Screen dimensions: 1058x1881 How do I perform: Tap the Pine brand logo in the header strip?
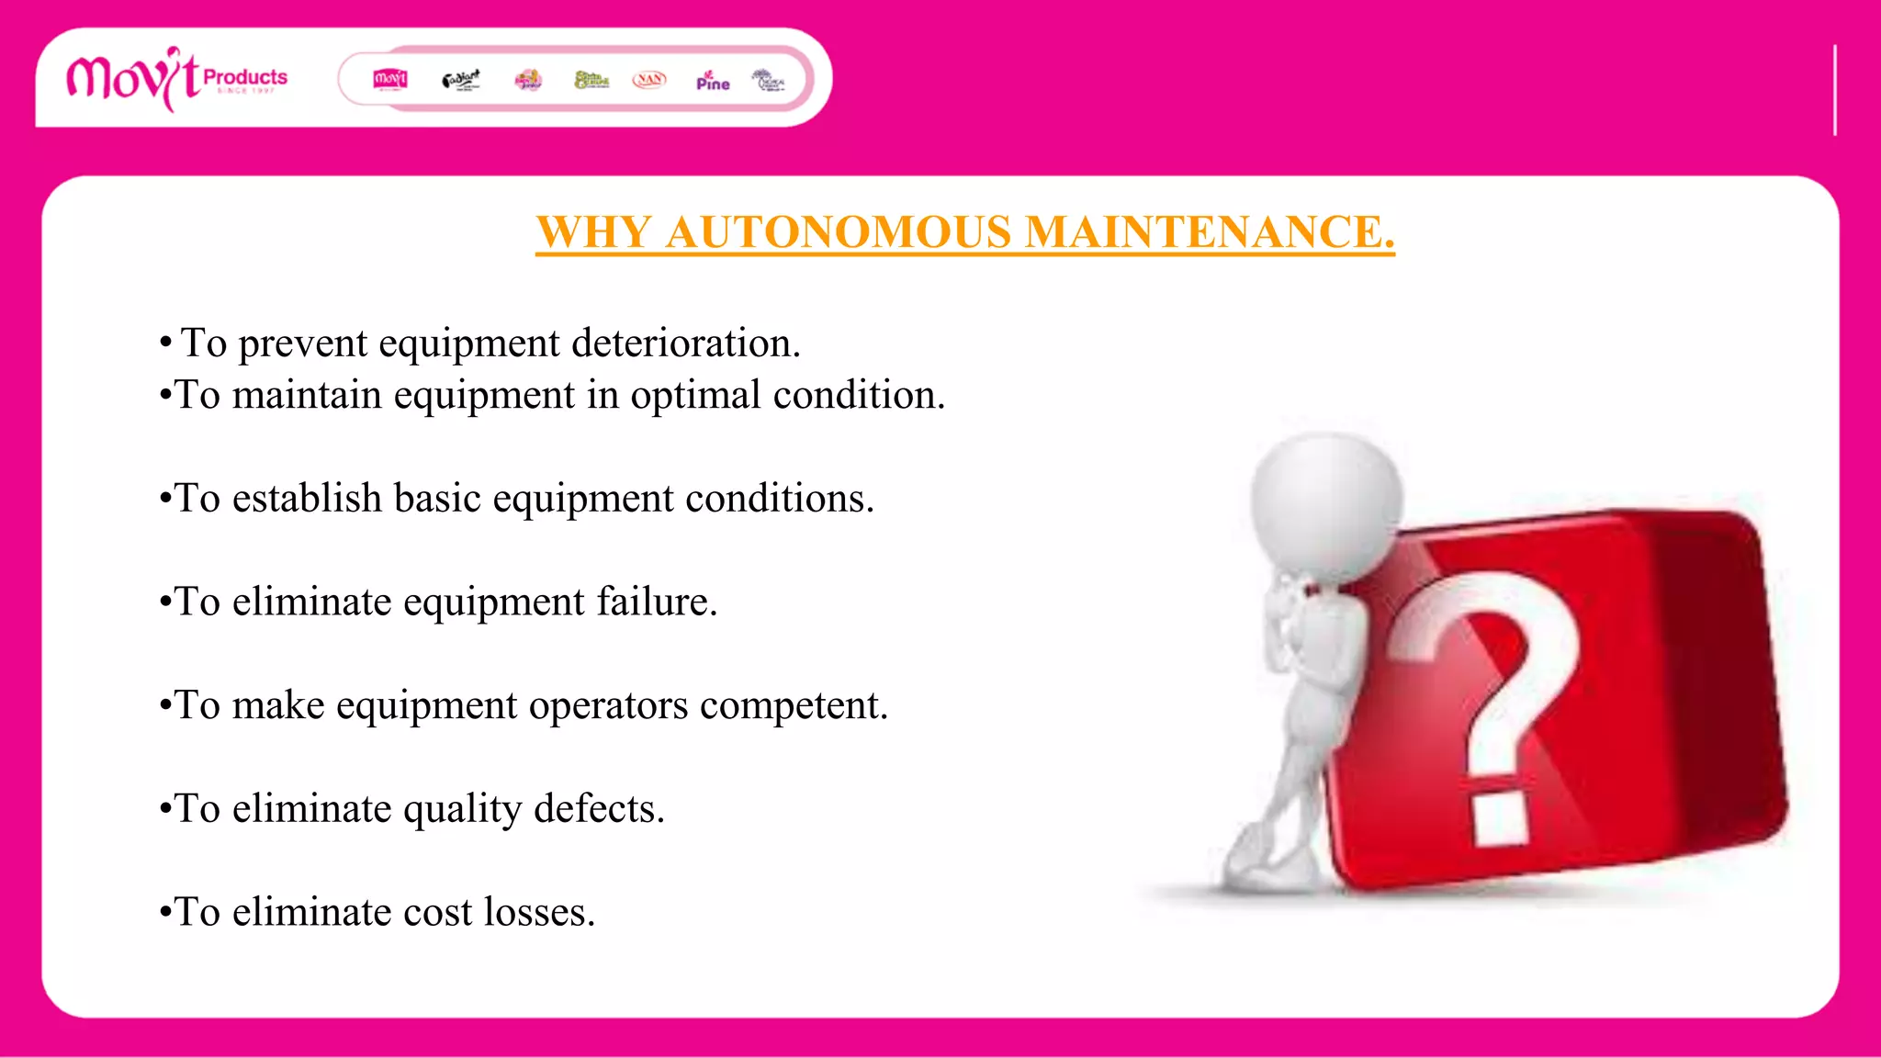[713, 81]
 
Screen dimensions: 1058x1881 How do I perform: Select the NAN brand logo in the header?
[649, 80]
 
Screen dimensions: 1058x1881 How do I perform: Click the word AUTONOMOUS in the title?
[839, 231]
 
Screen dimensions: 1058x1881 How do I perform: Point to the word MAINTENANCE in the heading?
[1209, 231]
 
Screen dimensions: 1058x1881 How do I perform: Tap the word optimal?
[695, 396]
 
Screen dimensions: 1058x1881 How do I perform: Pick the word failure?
[657, 602]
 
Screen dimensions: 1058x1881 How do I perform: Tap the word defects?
[598, 810]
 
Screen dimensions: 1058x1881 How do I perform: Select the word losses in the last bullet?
[539, 913]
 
